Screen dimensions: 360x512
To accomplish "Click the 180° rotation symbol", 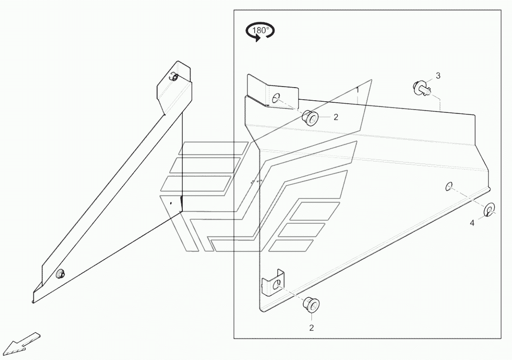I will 260,31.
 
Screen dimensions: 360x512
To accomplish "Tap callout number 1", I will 358,90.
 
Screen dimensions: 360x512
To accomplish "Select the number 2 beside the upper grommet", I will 335,117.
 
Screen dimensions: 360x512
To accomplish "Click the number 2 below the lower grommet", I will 311,328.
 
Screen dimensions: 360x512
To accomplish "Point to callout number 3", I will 438,76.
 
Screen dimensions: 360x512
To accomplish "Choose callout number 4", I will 472,223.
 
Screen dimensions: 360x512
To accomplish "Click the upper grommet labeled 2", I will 310,118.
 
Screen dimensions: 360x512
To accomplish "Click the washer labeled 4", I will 490,209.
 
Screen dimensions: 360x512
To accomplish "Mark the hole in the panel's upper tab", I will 276,98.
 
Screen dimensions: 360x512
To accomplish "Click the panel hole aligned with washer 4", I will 449,187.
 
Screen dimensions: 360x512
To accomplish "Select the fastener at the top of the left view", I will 174,77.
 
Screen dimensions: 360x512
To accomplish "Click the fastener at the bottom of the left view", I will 60,273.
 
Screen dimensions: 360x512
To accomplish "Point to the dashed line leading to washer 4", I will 468,198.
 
